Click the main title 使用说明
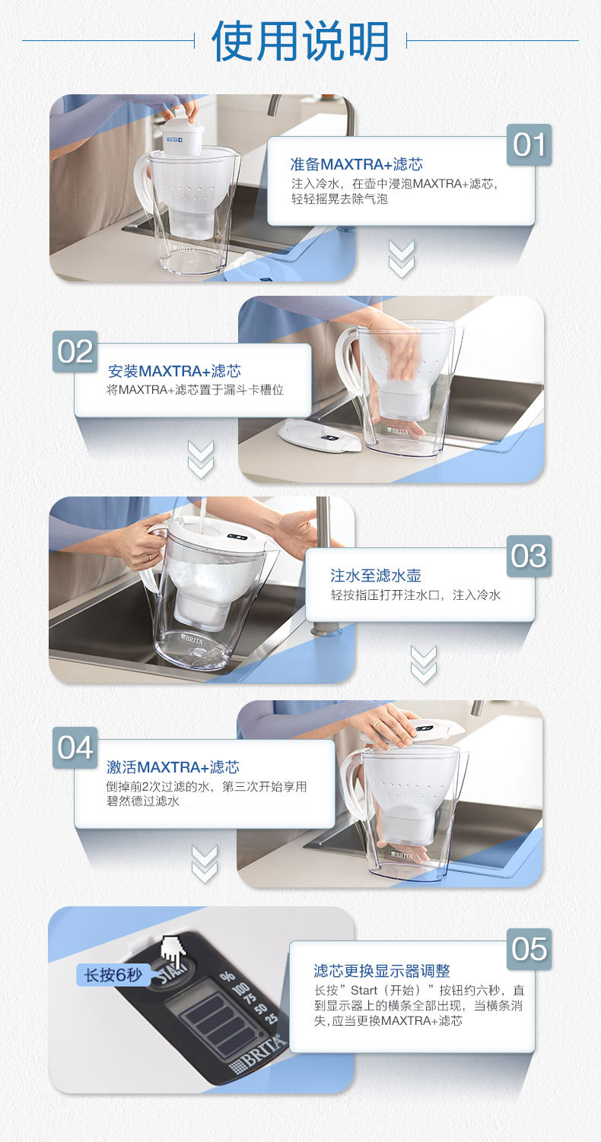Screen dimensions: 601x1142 pyautogui.click(x=300, y=41)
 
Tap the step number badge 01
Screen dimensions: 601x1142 pyautogui.click(x=529, y=144)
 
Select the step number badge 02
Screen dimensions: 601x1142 pyautogui.click(x=75, y=351)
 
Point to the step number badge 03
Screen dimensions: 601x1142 pyautogui.click(x=529, y=556)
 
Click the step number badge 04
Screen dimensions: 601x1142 pyautogui.click(x=75, y=748)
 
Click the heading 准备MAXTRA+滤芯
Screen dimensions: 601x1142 pyautogui.click(x=357, y=164)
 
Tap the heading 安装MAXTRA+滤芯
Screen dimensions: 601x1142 pyautogui.click(x=174, y=370)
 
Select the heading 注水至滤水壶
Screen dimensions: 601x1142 pyautogui.click(x=376, y=576)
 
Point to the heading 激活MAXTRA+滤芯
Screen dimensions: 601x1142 pyautogui.click(x=173, y=766)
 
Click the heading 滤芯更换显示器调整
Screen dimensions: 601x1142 pyautogui.click(x=382, y=971)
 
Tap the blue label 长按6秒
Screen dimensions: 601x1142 pyautogui.click(x=113, y=975)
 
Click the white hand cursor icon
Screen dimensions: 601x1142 pyautogui.click(x=173, y=951)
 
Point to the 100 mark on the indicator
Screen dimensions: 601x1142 pyautogui.click(x=241, y=989)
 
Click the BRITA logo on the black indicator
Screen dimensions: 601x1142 pyautogui.click(x=257, y=1050)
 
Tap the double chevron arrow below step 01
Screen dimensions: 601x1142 pyautogui.click(x=402, y=259)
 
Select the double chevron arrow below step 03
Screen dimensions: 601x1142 pyautogui.click(x=424, y=665)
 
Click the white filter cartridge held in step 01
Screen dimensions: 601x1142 pyautogui.click(x=183, y=135)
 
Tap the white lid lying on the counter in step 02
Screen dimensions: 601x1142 pyautogui.click(x=320, y=435)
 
